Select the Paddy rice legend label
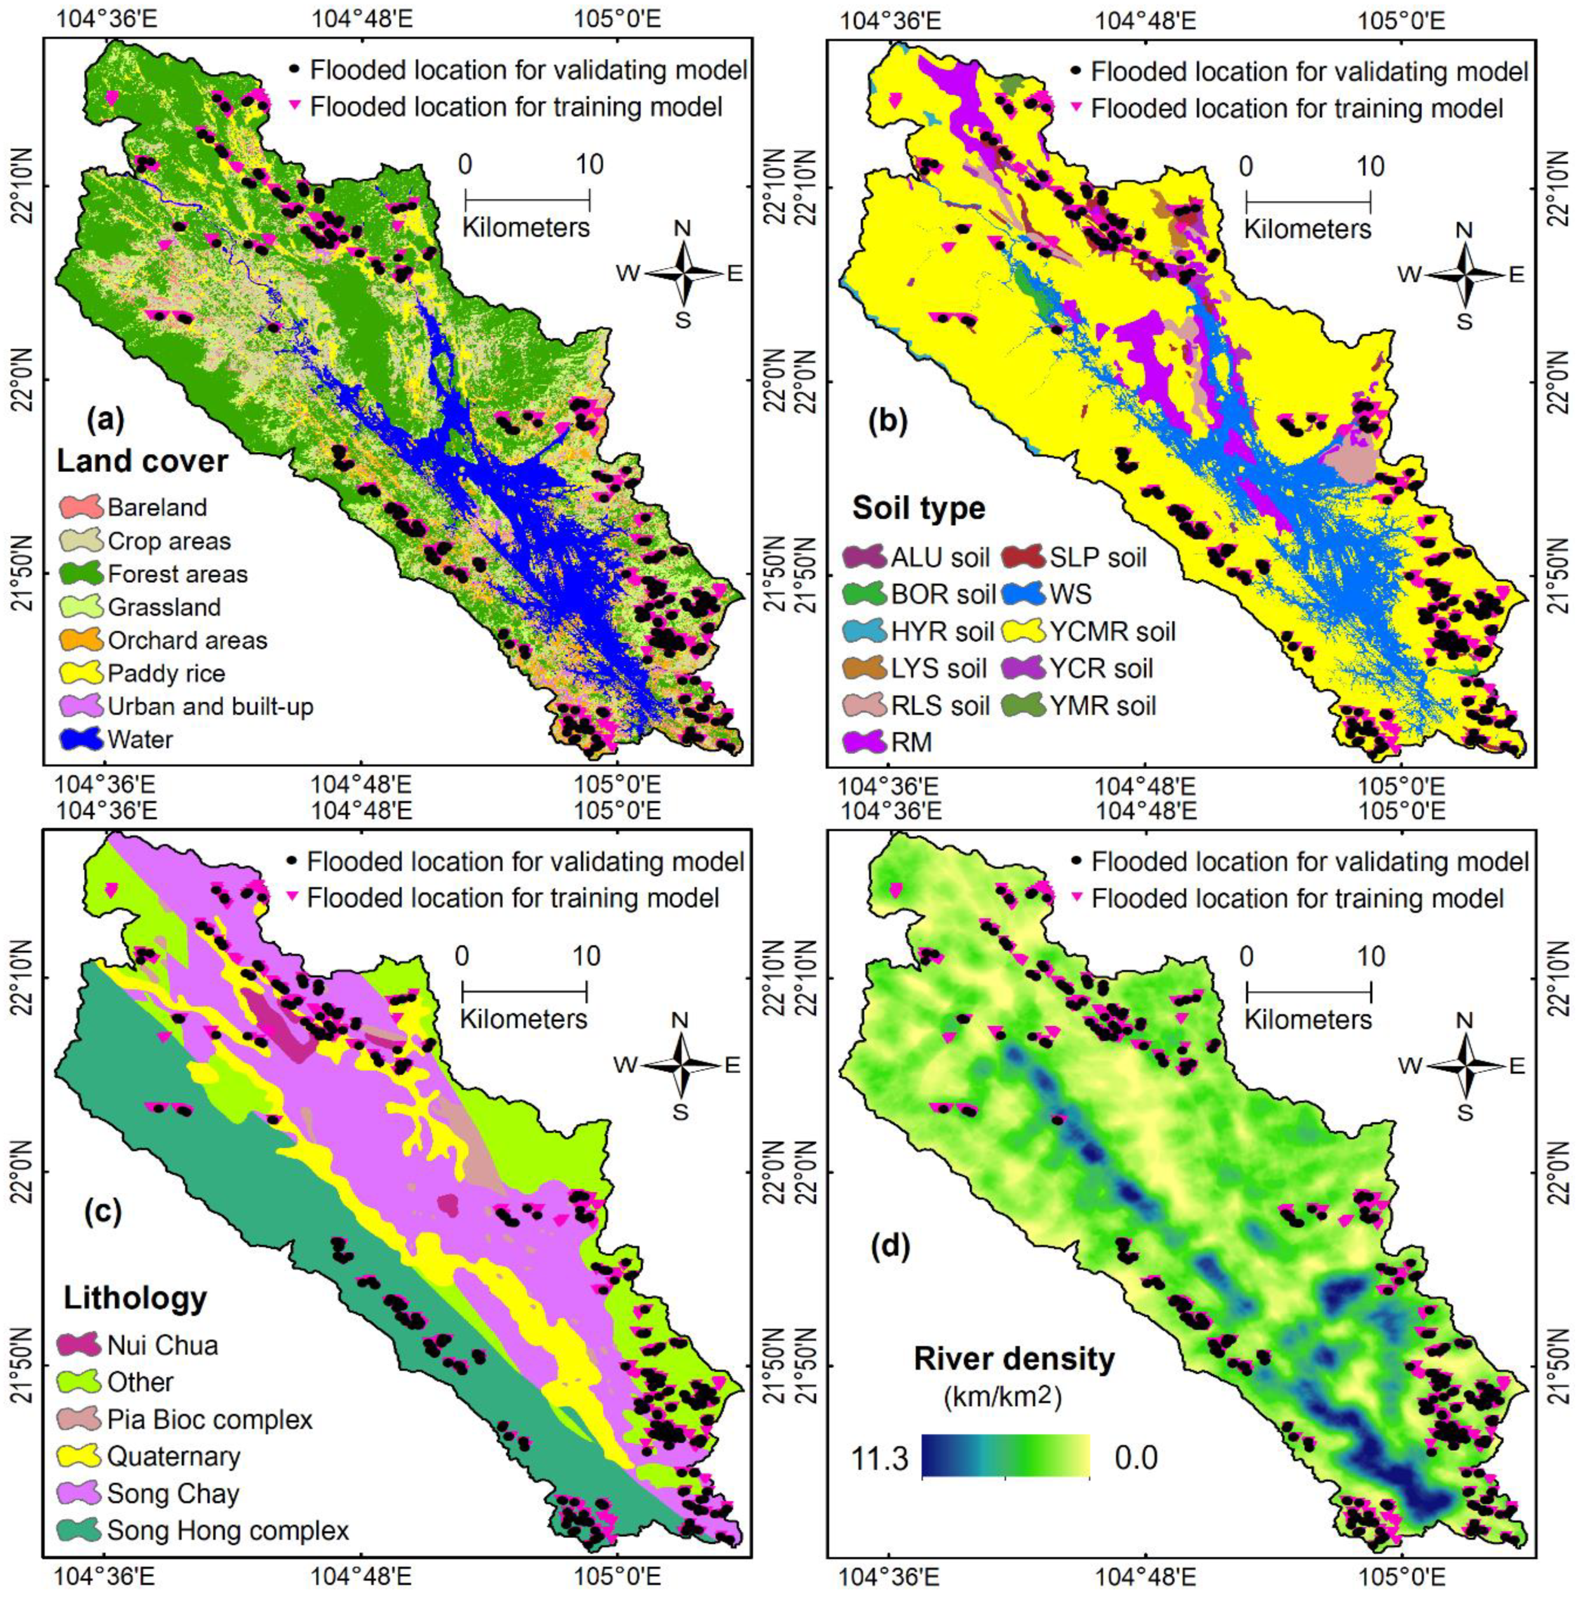[x=166, y=673]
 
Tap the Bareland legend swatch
[x=81, y=507]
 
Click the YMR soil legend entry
[x=1102, y=705]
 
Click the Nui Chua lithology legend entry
[x=163, y=1345]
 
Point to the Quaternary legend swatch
[x=81, y=1456]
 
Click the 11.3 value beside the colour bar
[x=879, y=1457]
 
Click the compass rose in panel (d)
[x=1464, y=1066]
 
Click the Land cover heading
[x=141, y=461]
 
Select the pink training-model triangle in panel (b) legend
[x=1076, y=108]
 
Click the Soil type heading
[x=919, y=507]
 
